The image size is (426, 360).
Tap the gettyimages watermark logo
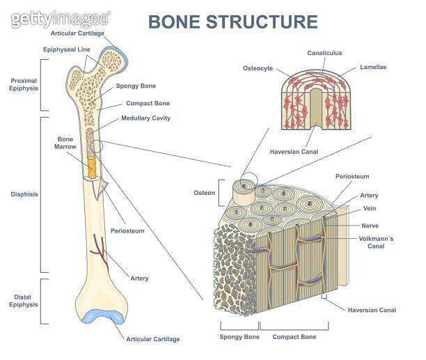60,19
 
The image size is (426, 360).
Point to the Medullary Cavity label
145,118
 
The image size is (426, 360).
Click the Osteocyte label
258,68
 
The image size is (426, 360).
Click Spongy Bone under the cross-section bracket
238,338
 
